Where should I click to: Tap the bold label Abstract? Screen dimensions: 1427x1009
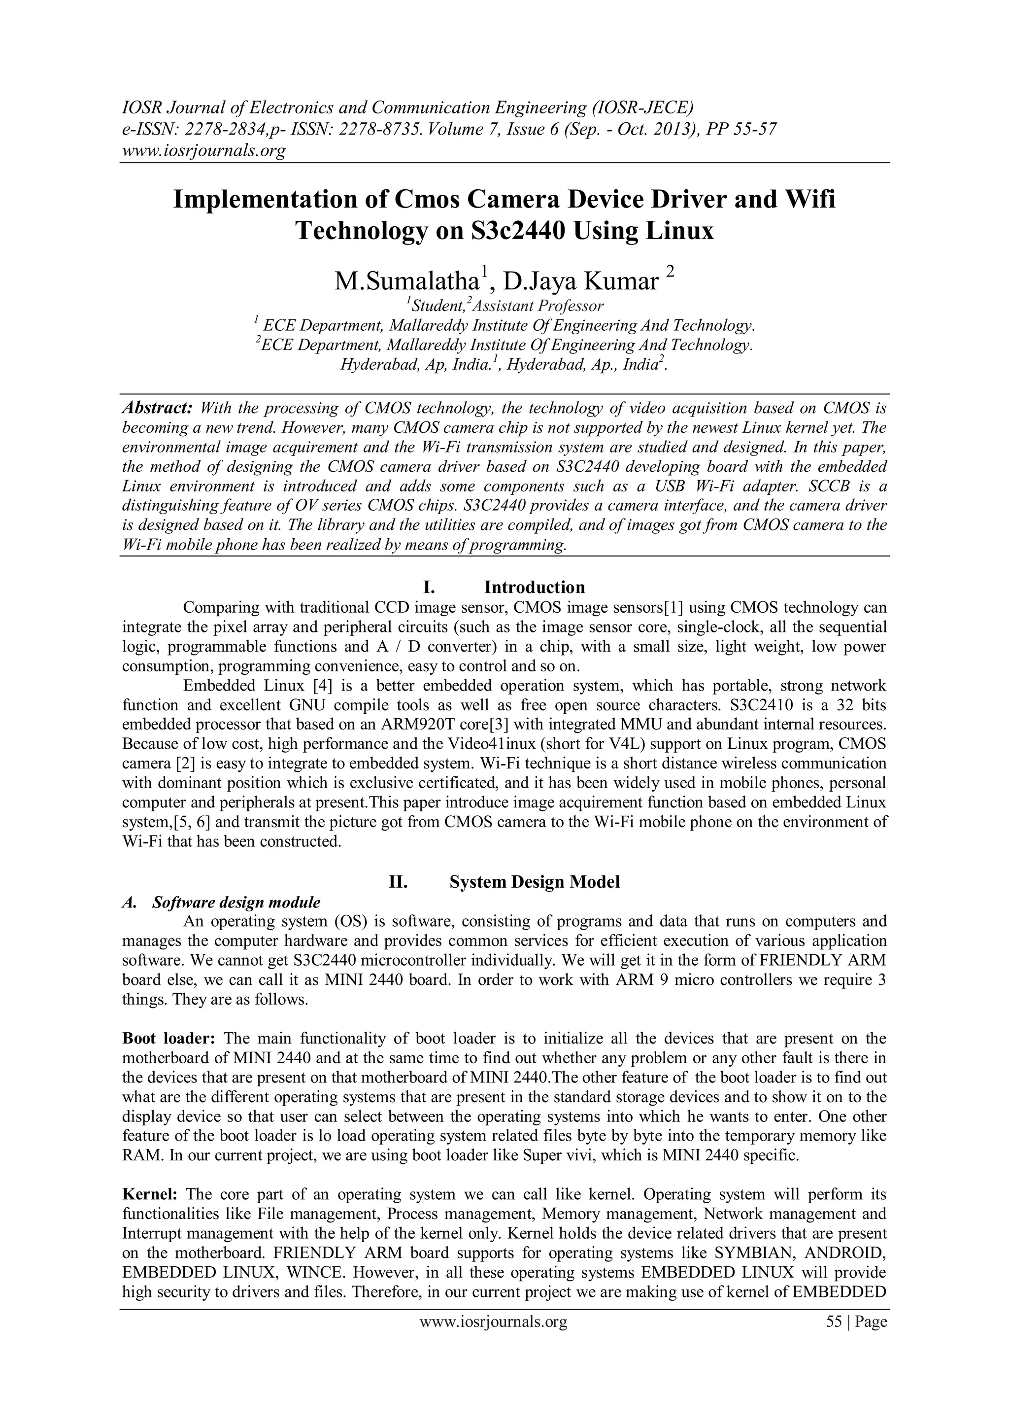[158, 408]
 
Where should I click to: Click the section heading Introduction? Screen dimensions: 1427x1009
[535, 588]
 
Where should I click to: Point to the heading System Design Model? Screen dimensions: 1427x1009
[535, 882]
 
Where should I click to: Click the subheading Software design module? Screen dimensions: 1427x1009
[236, 902]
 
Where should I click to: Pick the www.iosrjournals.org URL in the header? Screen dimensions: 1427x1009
[203, 150]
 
